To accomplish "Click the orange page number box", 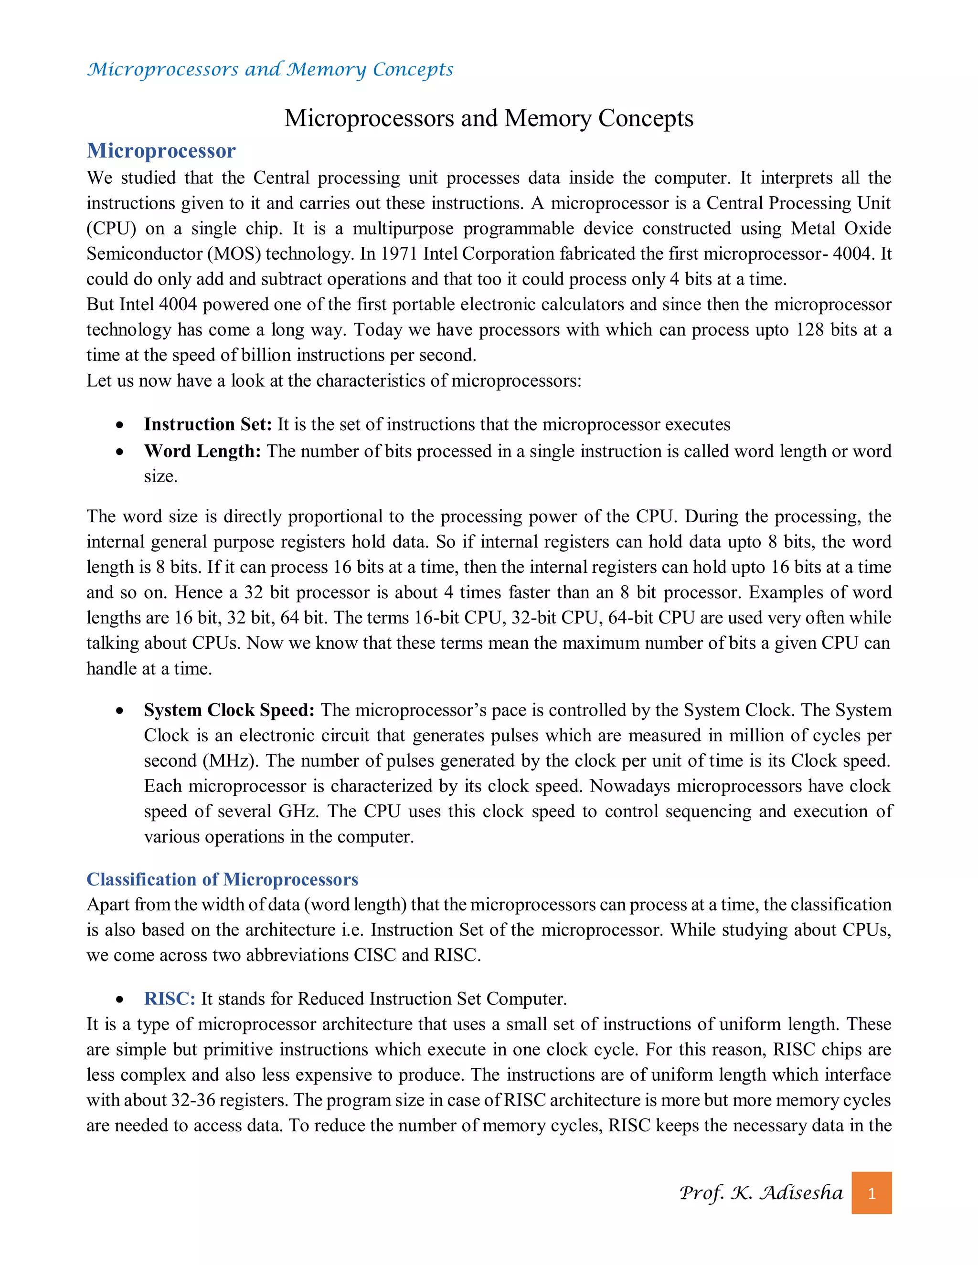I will (871, 1193).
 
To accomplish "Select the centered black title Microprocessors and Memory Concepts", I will (489, 118).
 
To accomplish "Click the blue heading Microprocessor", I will (161, 150).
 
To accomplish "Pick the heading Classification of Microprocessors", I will (222, 879).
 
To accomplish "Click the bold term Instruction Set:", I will (207, 424).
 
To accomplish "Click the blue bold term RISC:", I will (169, 999).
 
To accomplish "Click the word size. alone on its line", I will (160, 476).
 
